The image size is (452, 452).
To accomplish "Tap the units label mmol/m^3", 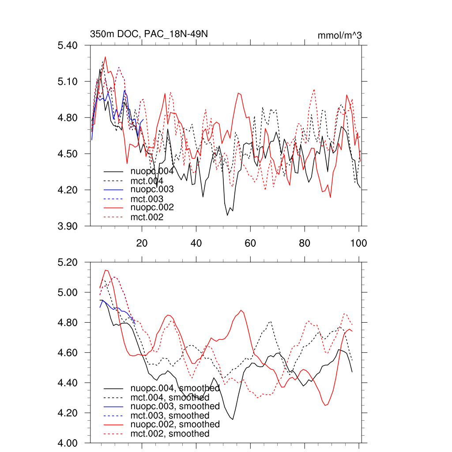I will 339,35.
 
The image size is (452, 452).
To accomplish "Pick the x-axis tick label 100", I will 358,243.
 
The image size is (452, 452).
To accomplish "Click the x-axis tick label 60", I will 250,243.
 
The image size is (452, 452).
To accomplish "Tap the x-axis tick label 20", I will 142,243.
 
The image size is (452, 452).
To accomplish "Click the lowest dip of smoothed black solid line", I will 232,419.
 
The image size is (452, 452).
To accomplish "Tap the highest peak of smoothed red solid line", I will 106,270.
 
